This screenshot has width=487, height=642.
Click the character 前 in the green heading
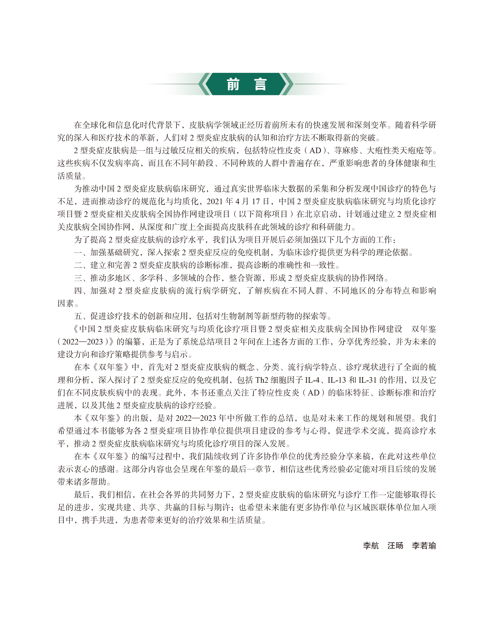pyautogui.click(x=233, y=84)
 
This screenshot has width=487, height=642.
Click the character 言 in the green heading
pyautogui.click(x=260, y=84)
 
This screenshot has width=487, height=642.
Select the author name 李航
pyautogui.click(x=371, y=546)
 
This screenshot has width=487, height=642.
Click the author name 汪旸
pyautogui.click(x=395, y=546)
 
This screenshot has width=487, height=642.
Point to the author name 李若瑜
pyautogui.click(x=424, y=546)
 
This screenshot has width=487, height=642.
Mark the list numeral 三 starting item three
pyautogui.click(x=78, y=278)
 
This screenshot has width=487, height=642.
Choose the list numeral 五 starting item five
pyautogui.click(x=78, y=316)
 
